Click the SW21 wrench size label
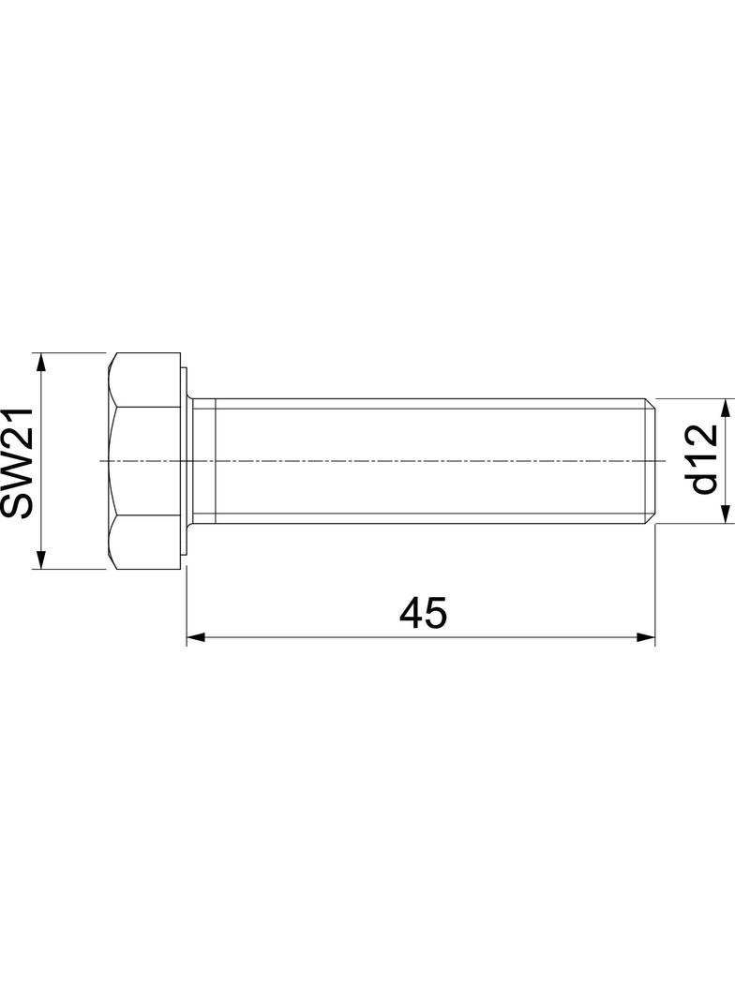point(18,461)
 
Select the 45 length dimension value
point(423,613)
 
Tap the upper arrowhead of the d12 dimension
point(725,406)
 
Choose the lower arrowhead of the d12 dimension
point(725,516)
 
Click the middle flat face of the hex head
point(144,460)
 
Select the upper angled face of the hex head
point(144,380)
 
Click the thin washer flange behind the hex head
point(185,460)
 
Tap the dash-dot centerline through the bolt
point(375,461)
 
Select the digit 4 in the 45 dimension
point(411,613)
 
